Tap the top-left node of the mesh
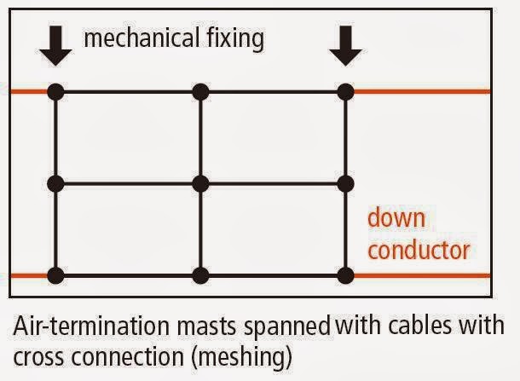(x=56, y=90)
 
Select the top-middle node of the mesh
(x=200, y=90)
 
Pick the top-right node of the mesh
(x=344, y=90)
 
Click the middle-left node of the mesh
(x=56, y=183)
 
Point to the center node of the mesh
(x=200, y=183)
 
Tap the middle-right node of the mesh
(x=344, y=183)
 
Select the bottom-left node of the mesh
(x=56, y=275)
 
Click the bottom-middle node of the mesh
(x=200, y=275)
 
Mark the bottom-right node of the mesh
(x=344, y=275)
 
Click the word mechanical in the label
(x=132, y=38)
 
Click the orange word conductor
(x=418, y=250)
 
